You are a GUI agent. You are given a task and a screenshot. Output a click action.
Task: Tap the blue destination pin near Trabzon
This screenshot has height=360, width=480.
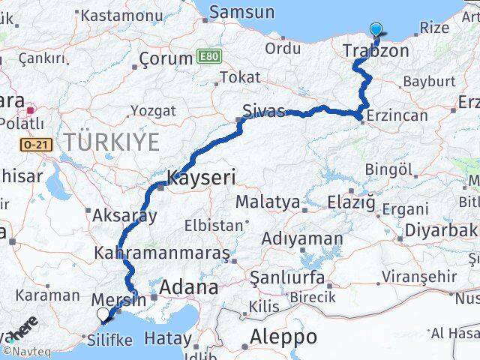tap(376, 31)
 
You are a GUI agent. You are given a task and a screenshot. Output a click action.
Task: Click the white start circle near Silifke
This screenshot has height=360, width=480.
tap(103, 314)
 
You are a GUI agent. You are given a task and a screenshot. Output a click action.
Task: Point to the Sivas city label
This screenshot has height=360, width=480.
tap(264, 112)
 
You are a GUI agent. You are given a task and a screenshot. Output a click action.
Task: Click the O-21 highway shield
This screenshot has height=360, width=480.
tap(35, 145)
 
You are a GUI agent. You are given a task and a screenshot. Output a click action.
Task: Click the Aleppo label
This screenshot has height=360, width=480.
tap(284, 335)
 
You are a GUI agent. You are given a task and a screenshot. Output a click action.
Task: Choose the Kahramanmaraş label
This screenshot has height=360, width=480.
tap(162, 253)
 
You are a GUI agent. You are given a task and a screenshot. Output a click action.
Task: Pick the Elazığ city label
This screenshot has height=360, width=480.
tap(352, 202)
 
